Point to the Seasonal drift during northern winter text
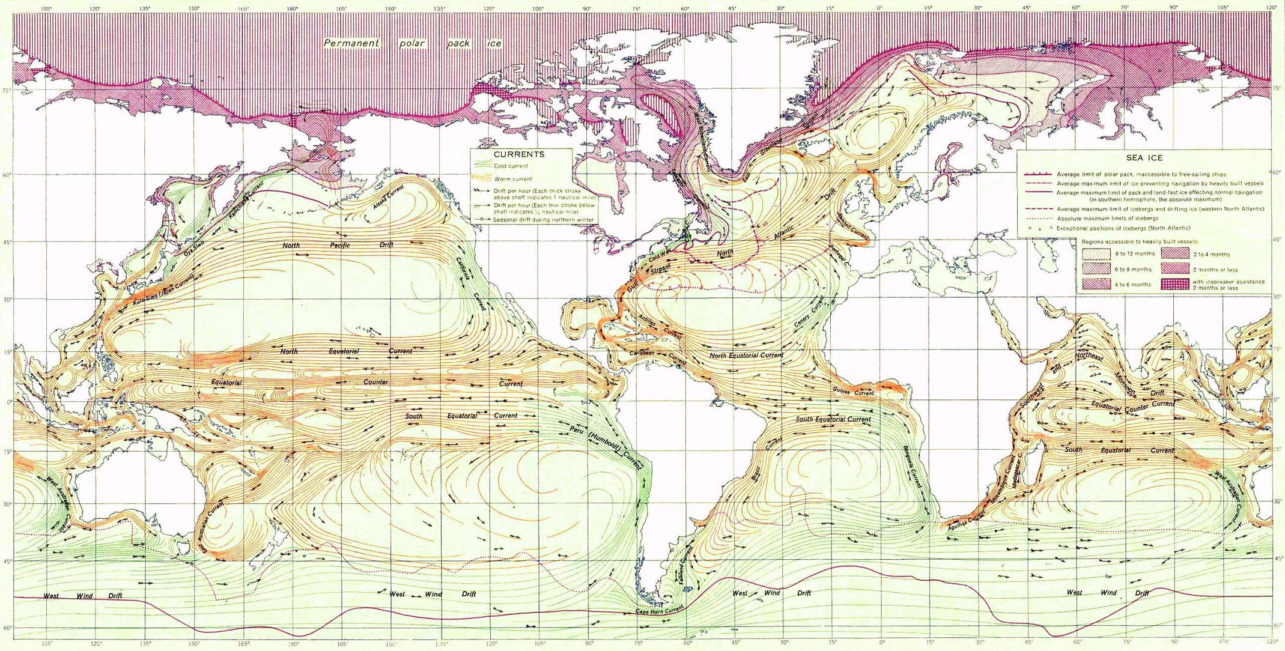coord(543,220)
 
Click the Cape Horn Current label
coord(660,611)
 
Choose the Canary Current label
coord(810,313)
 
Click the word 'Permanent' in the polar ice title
coord(351,43)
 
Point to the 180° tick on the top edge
coord(292,9)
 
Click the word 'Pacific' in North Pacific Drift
coord(339,245)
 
